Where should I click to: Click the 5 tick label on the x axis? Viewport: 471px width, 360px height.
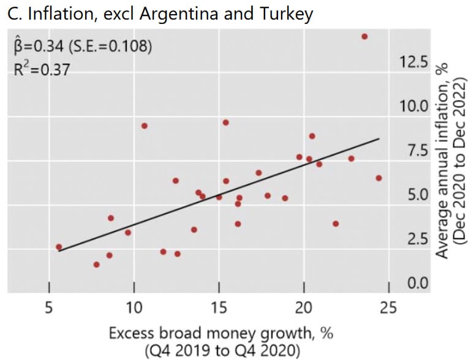(x=48, y=306)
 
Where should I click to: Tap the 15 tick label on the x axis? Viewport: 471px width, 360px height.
(x=219, y=306)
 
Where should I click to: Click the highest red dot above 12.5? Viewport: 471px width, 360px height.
(x=364, y=37)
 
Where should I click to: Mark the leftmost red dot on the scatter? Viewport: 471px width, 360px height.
(x=59, y=247)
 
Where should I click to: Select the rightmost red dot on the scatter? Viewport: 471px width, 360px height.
(x=379, y=178)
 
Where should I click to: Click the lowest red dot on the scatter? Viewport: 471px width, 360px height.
(x=96, y=264)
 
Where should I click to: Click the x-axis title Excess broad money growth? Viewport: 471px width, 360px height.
(x=220, y=334)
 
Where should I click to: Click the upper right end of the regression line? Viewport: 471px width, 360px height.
(x=379, y=139)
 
